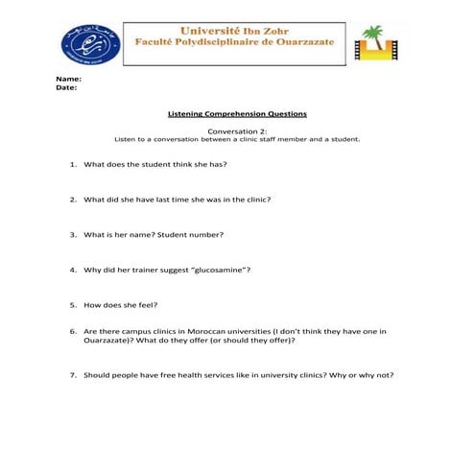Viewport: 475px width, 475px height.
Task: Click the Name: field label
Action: click(68, 78)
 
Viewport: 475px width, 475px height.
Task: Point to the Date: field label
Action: click(66, 87)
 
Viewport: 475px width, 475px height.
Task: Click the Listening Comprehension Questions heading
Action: click(237, 114)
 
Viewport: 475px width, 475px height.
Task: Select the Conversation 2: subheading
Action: click(237, 131)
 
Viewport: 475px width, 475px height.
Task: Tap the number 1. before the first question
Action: click(73, 164)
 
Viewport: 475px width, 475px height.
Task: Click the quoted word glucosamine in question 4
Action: click(218, 270)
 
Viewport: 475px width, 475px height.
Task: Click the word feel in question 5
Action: click(148, 305)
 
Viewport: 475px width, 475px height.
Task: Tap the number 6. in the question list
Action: click(73, 331)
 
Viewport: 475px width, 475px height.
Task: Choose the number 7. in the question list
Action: click(73, 375)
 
